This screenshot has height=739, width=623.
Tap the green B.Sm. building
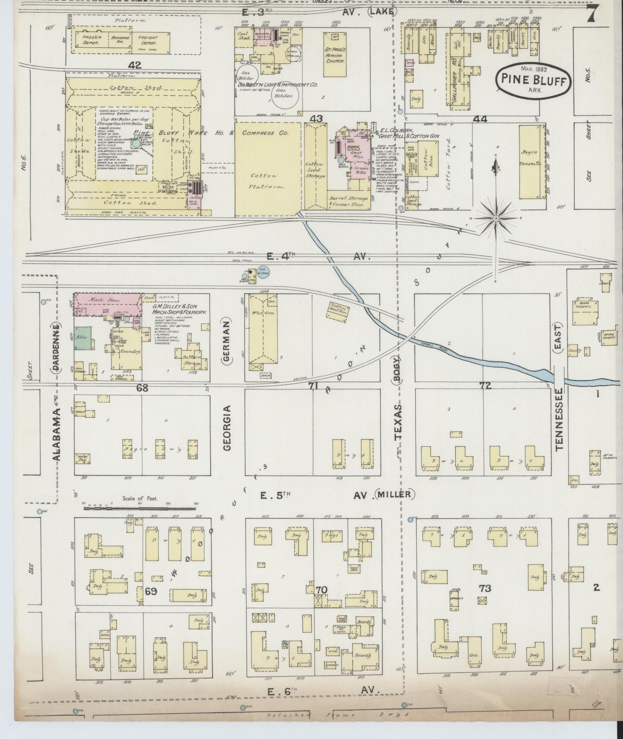pos(83,338)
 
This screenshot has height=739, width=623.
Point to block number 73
pos(485,588)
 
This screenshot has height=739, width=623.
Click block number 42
pos(136,65)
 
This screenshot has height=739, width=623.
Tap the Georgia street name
pos(227,428)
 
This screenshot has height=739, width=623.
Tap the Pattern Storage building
pos(192,356)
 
